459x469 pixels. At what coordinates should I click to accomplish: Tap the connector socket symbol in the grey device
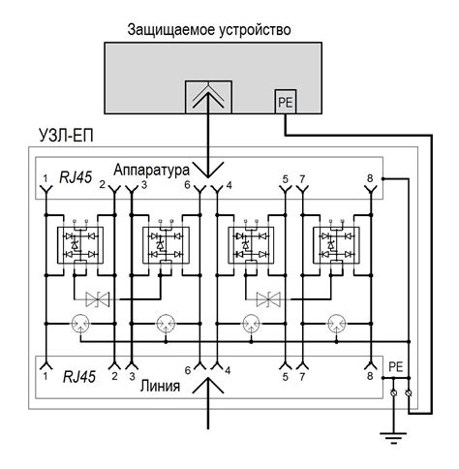(208, 97)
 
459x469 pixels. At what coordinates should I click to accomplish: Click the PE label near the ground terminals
(394, 368)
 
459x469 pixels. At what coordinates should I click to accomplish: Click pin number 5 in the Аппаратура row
(285, 179)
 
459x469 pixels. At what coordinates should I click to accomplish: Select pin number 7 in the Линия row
(303, 375)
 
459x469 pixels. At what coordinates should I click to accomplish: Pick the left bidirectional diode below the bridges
(98, 298)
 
